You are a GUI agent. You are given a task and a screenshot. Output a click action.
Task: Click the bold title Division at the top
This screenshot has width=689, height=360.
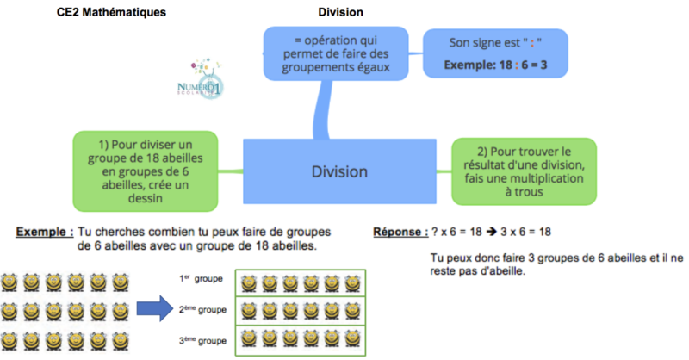tap(340, 12)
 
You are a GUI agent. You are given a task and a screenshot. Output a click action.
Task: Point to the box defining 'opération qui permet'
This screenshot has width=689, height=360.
tap(340, 53)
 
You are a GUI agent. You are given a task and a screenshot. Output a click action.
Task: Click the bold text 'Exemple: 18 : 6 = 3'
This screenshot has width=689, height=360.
tap(495, 65)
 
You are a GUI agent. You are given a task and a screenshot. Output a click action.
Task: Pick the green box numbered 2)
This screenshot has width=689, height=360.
tap(524, 171)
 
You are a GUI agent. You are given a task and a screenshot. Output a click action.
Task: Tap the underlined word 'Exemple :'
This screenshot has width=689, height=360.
tap(43, 232)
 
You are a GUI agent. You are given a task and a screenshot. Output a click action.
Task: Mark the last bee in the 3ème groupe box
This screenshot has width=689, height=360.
tap(351, 337)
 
